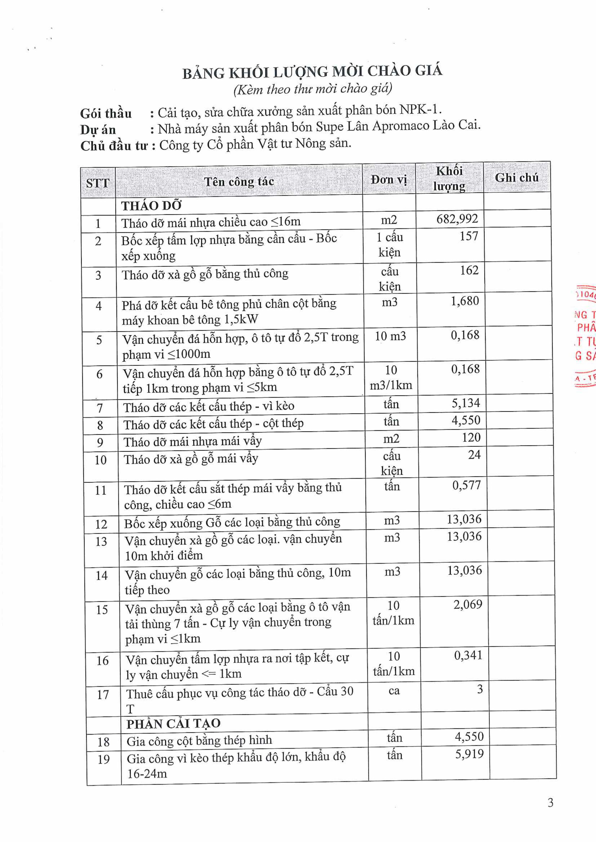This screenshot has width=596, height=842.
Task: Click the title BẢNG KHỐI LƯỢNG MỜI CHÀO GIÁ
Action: click(312, 72)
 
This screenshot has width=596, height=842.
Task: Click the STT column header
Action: click(98, 183)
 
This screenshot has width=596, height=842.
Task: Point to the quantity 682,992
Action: click(457, 219)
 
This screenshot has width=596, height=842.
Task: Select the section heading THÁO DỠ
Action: click(151, 206)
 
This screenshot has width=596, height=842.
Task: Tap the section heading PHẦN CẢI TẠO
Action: click(173, 723)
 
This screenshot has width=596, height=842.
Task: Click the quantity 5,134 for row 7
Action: click(465, 403)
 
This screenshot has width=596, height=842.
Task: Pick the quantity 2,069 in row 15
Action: click(467, 604)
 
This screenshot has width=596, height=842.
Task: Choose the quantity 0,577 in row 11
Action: click(466, 485)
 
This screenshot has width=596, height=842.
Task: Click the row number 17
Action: click(103, 694)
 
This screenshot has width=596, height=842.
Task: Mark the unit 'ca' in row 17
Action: click(394, 691)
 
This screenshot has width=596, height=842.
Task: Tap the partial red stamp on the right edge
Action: click(585, 335)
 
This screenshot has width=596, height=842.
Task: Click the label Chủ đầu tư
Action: click(114, 146)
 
